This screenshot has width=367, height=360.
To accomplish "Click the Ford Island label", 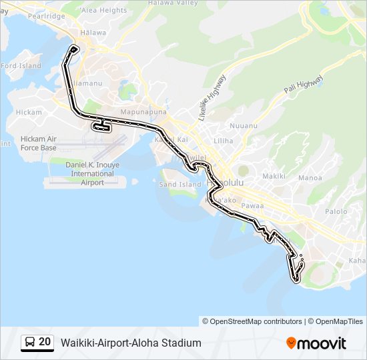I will click(x=21, y=66).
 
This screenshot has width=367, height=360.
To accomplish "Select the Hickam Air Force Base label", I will click(x=39, y=143).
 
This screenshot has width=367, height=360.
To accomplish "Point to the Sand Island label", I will click(x=180, y=185).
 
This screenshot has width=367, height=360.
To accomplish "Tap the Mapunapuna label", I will click(x=139, y=112).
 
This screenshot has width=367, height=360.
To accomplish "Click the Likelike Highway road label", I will click(x=212, y=97).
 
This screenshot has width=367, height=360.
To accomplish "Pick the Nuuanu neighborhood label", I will click(x=243, y=125).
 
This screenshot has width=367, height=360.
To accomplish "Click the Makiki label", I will click(x=274, y=176).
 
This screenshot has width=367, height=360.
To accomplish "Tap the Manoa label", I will click(x=310, y=178).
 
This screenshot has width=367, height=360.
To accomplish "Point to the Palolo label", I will click(x=336, y=211).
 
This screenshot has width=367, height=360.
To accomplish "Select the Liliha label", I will click(x=224, y=141).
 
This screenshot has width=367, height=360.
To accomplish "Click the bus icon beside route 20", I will click(x=30, y=342).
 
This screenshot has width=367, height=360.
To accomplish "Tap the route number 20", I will click(x=45, y=342).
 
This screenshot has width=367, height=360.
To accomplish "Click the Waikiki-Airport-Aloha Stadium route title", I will click(x=131, y=343).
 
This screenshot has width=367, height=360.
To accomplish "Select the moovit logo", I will click(x=316, y=343).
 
